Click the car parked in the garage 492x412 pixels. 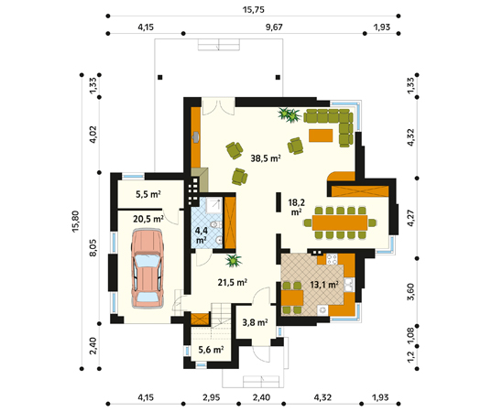(148, 268)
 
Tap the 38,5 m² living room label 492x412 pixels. (266, 158)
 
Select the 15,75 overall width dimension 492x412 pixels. (254, 10)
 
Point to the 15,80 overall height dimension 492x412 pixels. (76, 222)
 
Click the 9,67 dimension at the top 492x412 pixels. (274, 27)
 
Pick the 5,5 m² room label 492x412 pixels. (148, 194)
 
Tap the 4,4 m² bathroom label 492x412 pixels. (202, 235)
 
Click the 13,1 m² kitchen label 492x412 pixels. (324, 285)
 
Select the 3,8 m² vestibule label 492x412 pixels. (255, 322)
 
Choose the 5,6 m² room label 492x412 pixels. (211, 350)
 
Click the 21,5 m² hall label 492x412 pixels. (233, 283)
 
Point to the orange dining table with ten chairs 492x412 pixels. (340, 222)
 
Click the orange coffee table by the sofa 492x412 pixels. (321, 136)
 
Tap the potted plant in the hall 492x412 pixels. (233, 261)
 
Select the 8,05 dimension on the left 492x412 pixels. (93, 248)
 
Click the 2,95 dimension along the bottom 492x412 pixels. (211, 397)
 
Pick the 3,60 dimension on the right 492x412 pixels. (410, 291)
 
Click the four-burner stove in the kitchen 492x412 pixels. (332, 259)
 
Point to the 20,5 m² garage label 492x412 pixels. (148, 219)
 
